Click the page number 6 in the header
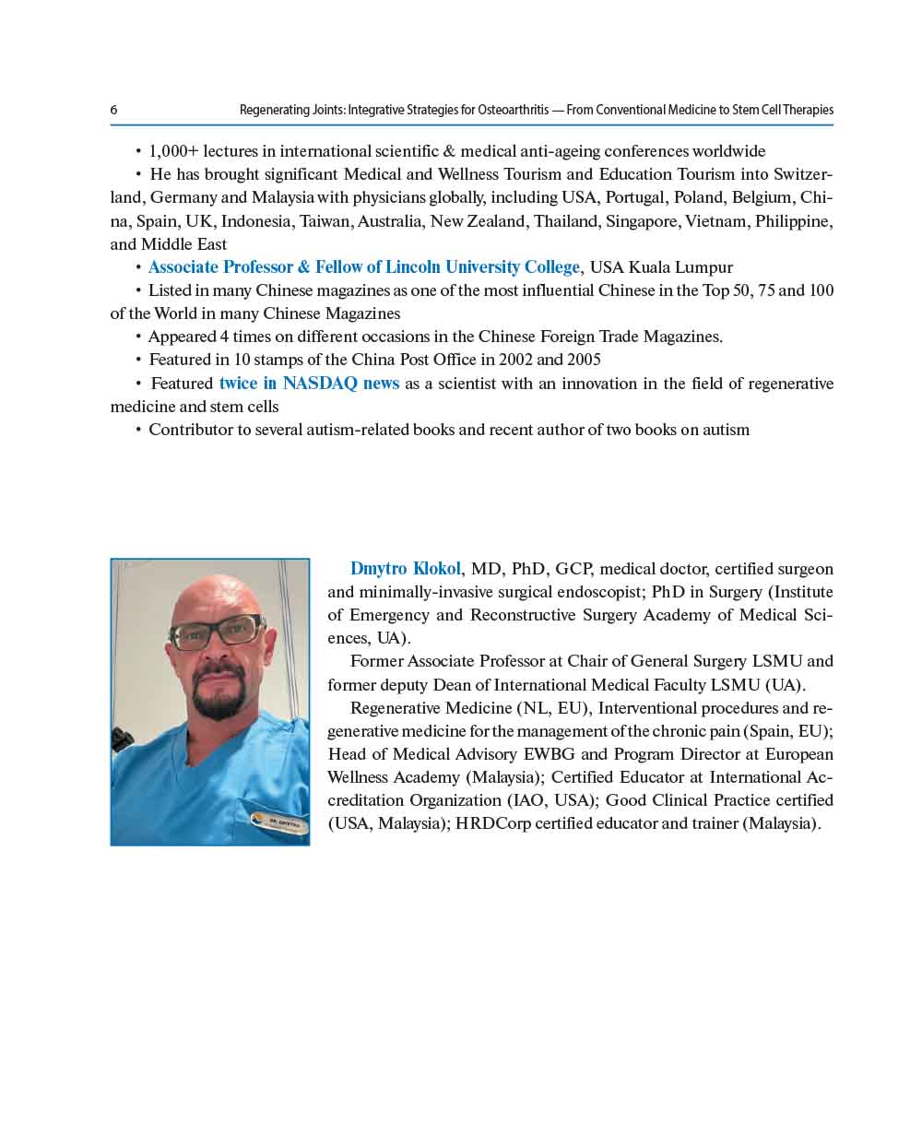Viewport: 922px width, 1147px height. tap(113, 110)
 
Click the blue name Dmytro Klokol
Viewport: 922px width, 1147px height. tap(405, 569)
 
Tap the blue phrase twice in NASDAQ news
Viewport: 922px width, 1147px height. tap(309, 384)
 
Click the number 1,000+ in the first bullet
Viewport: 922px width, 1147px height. tap(173, 151)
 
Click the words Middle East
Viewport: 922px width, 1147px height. tap(183, 244)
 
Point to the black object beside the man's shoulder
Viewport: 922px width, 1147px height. tap(123, 739)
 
